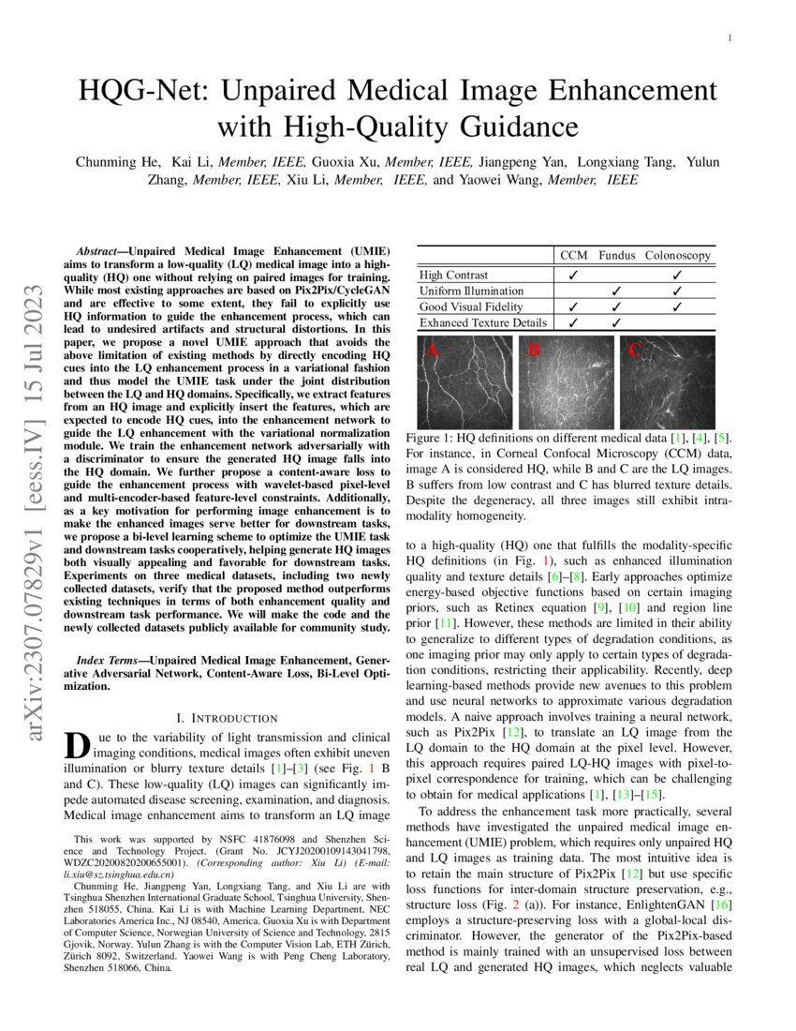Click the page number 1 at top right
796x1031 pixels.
(729, 38)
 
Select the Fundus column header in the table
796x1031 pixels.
(616, 255)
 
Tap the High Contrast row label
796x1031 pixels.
(454, 275)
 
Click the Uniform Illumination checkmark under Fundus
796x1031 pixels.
(615, 291)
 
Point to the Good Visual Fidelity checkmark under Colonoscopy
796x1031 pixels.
(677, 306)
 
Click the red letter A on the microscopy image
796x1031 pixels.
(432, 351)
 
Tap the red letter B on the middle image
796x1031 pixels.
(534, 351)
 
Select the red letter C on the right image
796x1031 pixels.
(634, 351)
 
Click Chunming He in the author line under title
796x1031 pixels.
(115, 162)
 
